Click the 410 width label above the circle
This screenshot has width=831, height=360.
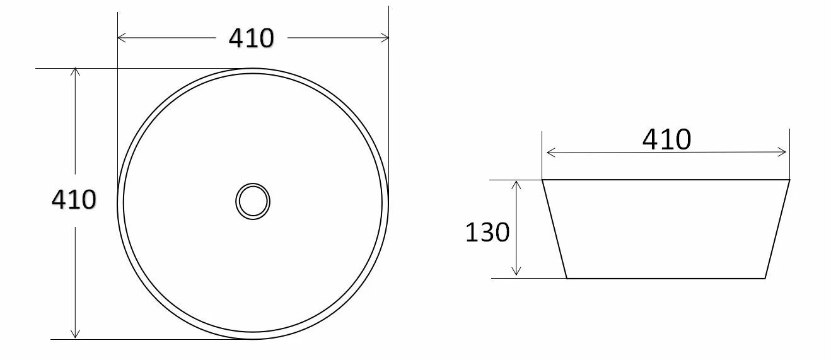tap(251, 38)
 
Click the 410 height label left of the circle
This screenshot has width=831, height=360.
tap(74, 200)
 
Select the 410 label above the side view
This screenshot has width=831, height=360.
tap(666, 139)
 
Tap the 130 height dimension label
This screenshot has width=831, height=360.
tap(487, 233)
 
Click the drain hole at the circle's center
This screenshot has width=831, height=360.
tap(253, 202)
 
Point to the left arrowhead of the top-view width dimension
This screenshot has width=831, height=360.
tap(122, 38)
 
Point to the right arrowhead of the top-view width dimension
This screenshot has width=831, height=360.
tap(385, 38)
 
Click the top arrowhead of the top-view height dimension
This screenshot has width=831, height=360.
tap(76, 72)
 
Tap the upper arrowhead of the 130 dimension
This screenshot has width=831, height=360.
tap(516, 184)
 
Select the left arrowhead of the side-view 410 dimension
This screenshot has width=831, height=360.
tap(550, 152)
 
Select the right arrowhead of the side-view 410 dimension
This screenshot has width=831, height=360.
tap(783, 152)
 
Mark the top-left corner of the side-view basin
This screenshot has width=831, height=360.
tap(543, 180)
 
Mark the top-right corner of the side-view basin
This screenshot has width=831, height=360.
tap(789, 180)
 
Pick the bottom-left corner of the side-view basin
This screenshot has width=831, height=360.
tap(567, 278)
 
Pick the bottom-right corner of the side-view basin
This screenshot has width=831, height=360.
tap(765, 278)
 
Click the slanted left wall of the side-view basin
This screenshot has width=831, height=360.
tap(555, 229)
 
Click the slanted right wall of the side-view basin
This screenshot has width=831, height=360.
tap(777, 229)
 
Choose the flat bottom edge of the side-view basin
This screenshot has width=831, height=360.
tap(666, 278)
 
